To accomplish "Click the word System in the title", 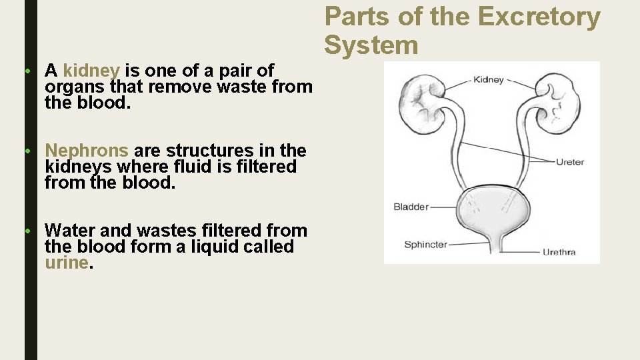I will point(371,45).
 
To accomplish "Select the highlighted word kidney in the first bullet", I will point(91,71).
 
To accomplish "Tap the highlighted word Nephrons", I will point(87,151).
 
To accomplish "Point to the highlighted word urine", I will point(66,263).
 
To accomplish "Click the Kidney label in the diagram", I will point(488,80).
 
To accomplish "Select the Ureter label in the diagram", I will point(570,161).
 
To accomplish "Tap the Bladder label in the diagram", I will point(411,207).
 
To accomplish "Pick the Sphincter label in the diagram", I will point(425,245).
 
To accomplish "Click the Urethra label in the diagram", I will point(559,252).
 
